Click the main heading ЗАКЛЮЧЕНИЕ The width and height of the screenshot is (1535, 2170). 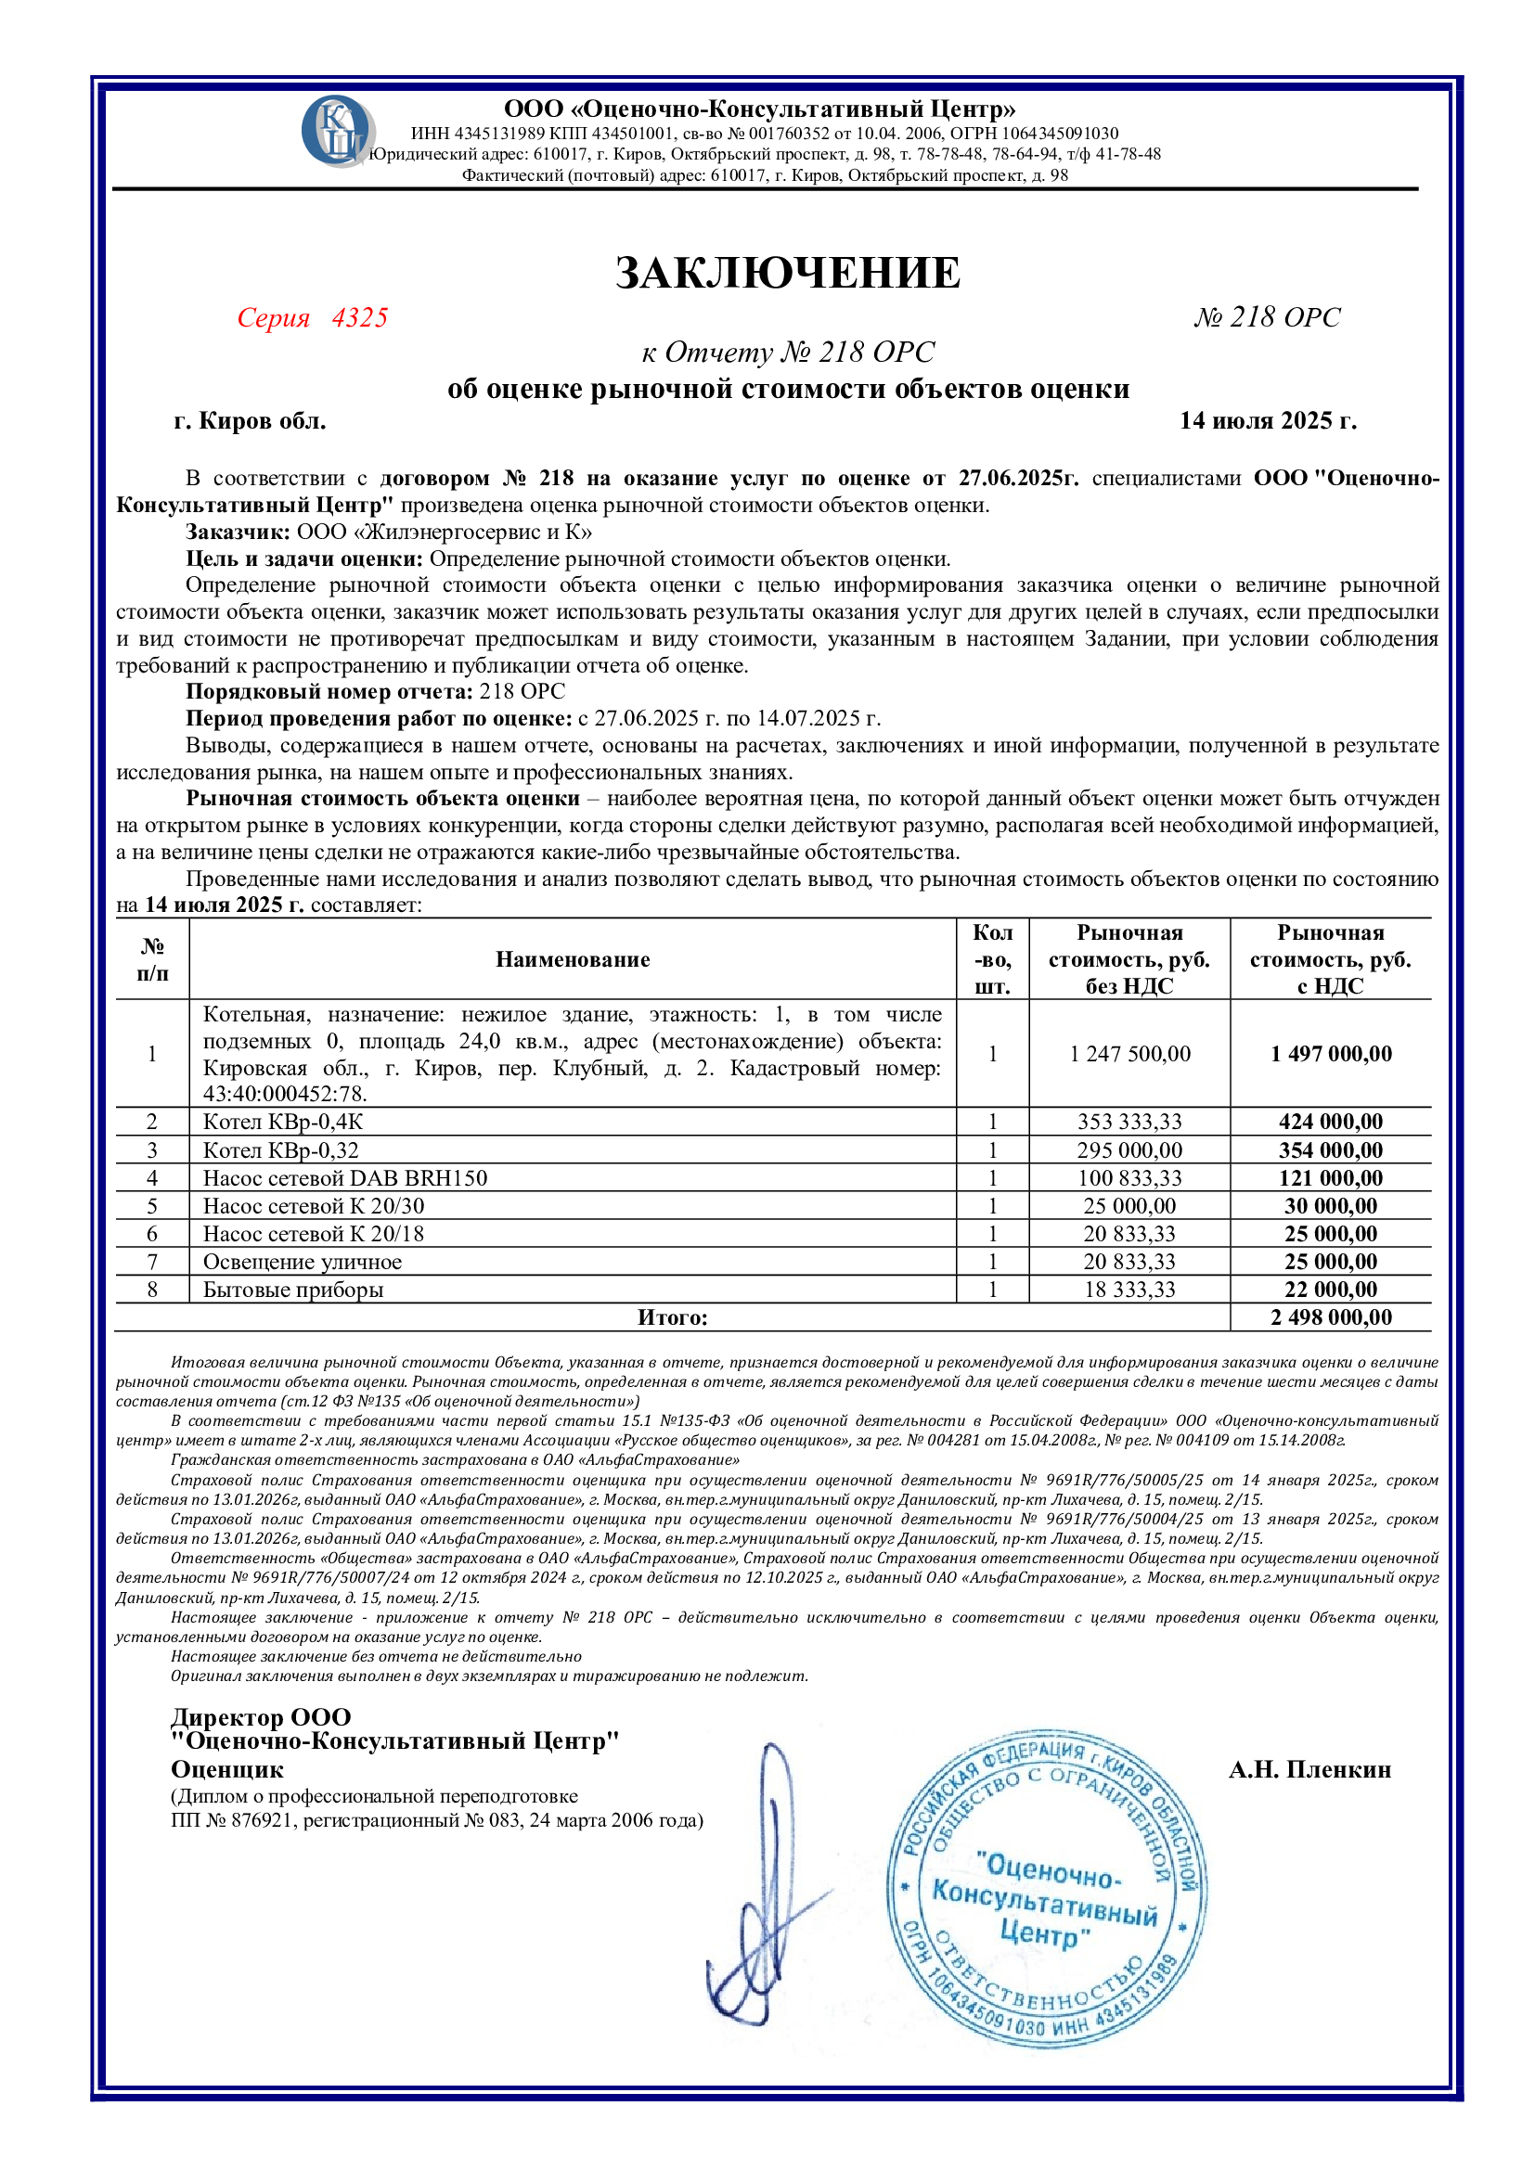pos(787,273)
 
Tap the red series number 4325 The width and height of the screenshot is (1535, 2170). pos(359,317)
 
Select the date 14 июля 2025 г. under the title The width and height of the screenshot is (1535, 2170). pos(1267,420)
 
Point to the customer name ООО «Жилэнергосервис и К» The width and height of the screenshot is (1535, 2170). pos(445,533)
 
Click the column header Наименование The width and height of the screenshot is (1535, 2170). pos(573,960)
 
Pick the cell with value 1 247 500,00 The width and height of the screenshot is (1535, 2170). pos(1129,1054)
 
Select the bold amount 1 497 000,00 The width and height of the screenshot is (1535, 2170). pos(1331,1054)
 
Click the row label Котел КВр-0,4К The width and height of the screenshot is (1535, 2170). pos(284,1122)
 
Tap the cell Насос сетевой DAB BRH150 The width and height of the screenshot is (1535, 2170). pos(345,1178)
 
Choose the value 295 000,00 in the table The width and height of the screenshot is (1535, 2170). pos(1129,1150)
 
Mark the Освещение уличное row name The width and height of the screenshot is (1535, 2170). pos(303,1262)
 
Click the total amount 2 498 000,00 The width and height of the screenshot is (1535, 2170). pos(1331,1317)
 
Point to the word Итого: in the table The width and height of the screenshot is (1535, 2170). pos(672,1317)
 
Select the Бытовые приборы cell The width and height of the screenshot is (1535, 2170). pos(293,1290)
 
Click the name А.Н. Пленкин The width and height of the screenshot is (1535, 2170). pos(1309,1770)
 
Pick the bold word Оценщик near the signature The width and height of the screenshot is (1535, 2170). pos(226,1770)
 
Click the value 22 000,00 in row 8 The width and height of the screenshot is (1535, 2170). pos(1331,1290)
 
